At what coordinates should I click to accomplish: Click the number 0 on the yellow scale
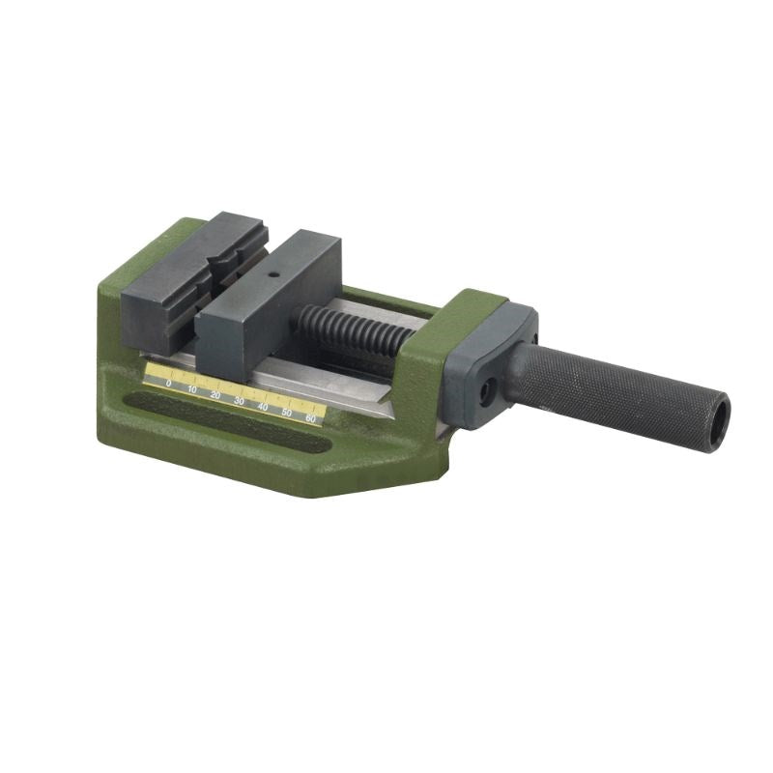coord(169,384)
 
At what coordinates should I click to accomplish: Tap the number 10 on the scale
coord(192,389)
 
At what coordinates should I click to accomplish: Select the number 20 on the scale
coord(215,395)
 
